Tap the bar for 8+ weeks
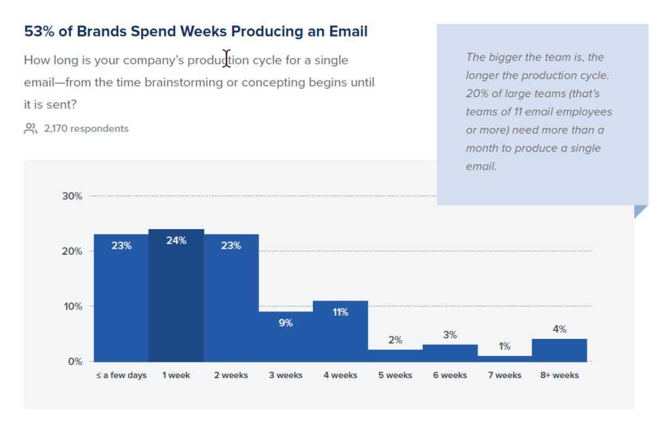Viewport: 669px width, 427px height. coord(559,351)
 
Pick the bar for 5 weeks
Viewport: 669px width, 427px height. coord(395,356)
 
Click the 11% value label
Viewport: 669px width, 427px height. coord(340,312)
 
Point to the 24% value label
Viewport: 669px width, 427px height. coord(176,240)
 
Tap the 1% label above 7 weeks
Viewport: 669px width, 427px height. coord(504,347)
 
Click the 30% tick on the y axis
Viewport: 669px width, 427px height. coord(71,196)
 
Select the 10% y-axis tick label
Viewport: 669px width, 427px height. coord(71,306)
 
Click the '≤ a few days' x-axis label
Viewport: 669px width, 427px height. coord(120,375)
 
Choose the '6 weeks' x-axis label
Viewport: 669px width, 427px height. coord(449,375)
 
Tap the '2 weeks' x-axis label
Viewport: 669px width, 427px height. coord(231,375)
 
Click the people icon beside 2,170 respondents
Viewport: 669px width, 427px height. coord(31,129)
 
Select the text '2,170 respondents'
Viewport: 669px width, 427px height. coord(86,129)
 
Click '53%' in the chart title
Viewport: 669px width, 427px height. coord(39,31)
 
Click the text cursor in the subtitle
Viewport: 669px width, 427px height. coord(227,59)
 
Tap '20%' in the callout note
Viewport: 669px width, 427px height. coord(477,93)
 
